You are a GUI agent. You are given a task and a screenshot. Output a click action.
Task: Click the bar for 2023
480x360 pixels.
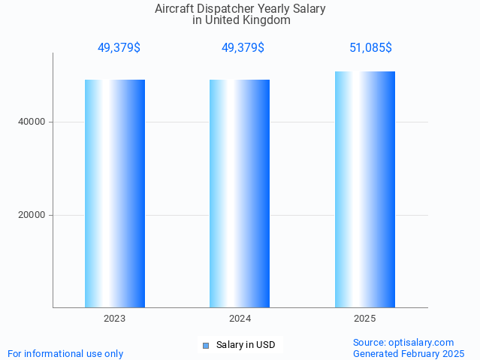[115, 193]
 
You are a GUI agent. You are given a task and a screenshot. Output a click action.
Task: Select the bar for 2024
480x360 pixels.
[240, 193]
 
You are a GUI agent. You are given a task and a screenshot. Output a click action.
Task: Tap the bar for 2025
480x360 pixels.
[365, 189]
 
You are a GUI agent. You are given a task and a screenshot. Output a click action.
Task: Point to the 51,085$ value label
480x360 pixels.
[370, 48]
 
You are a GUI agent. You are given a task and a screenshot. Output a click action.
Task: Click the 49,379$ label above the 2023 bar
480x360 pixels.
[119, 48]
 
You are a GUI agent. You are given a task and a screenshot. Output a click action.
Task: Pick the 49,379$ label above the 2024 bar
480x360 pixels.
[243, 48]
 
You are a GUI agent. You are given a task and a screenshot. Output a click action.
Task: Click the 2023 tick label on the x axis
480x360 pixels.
[115, 319]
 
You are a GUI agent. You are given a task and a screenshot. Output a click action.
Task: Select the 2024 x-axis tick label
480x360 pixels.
[240, 319]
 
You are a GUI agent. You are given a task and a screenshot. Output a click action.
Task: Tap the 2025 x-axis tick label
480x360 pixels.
[365, 319]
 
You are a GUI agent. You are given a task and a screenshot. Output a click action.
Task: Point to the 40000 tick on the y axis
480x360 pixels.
[32, 122]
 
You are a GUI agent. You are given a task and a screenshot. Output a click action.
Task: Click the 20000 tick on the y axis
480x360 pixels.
[32, 215]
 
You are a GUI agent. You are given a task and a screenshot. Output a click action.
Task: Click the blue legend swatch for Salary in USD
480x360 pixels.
[205, 346]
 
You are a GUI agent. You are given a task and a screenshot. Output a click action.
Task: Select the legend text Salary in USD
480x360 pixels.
[246, 346]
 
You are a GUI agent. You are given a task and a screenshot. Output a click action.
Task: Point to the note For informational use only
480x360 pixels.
[65, 353]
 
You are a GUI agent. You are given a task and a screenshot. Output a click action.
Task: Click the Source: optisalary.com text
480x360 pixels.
[403, 342]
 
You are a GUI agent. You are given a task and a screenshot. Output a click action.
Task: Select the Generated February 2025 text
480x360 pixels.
[409, 353]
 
